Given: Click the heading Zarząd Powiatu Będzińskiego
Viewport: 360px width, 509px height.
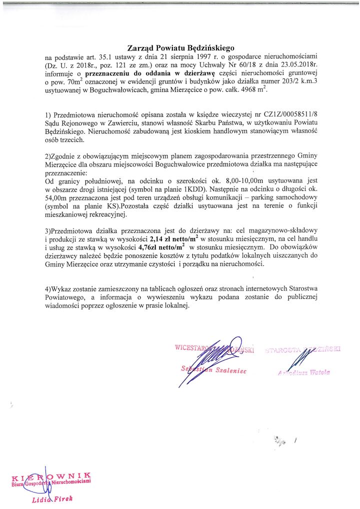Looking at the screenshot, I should tap(180, 48).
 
